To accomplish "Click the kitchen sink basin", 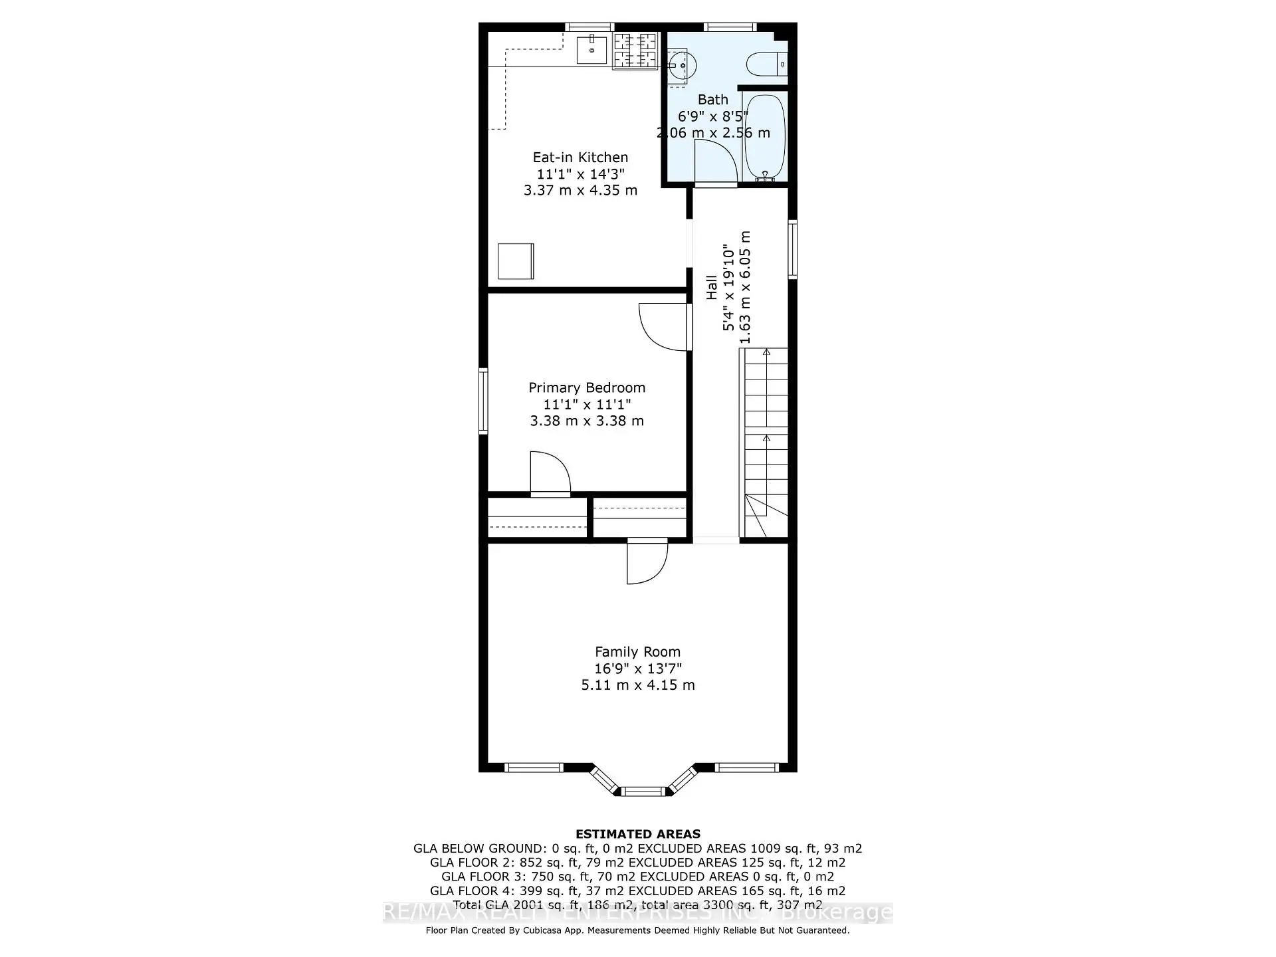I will [591, 50].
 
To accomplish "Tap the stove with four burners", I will [635, 51].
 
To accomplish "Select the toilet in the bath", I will [764, 64].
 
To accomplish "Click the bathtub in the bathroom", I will [765, 136].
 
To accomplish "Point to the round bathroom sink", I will [683, 66].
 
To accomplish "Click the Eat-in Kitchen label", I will [580, 158].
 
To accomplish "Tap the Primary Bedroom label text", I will [587, 387].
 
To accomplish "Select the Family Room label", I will [637, 652].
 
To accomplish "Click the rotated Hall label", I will [712, 287].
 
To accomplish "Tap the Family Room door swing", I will [646, 562].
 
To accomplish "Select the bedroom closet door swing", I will [549, 473].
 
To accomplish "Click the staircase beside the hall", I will [765, 442].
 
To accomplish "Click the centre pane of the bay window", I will [643, 791].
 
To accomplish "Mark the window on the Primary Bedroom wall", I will [484, 401].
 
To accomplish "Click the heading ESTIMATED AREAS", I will [637, 834].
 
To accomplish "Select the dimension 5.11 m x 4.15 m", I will [637, 685].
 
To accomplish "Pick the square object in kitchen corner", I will [516, 261].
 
